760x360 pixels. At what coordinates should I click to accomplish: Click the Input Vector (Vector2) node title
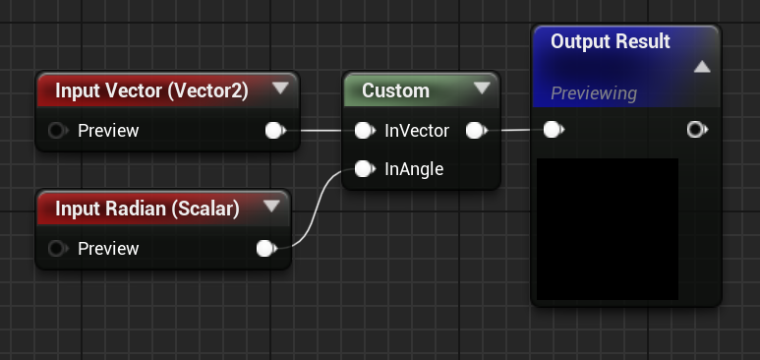(x=151, y=90)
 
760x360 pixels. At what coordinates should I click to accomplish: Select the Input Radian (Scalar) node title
(x=147, y=209)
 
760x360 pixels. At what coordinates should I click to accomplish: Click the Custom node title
(x=395, y=90)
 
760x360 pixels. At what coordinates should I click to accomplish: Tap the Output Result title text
(x=610, y=41)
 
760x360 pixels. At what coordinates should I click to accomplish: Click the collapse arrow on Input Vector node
(x=280, y=89)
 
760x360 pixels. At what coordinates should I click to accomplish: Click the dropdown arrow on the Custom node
(x=482, y=89)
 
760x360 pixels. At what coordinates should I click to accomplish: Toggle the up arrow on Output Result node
(x=701, y=67)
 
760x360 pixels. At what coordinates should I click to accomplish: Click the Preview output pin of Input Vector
(x=274, y=130)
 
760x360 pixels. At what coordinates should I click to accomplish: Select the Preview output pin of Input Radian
(x=264, y=249)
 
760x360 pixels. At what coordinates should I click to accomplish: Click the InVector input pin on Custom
(x=363, y=130)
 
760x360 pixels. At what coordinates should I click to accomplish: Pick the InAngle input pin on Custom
(x=363, y=169)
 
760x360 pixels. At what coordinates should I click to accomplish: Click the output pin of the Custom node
(x=475, y=130)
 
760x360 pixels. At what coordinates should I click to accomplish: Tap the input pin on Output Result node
(x=553, y=129)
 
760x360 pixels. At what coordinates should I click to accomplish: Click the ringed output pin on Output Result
(x=696, y=129)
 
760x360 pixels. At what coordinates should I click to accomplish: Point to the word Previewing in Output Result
(x=594, y=93)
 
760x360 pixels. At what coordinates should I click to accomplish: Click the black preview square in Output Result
(x=608, y=228)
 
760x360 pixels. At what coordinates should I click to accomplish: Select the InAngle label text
(x=414, y=169)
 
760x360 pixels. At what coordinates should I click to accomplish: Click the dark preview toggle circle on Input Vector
(x=56, y=130)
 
